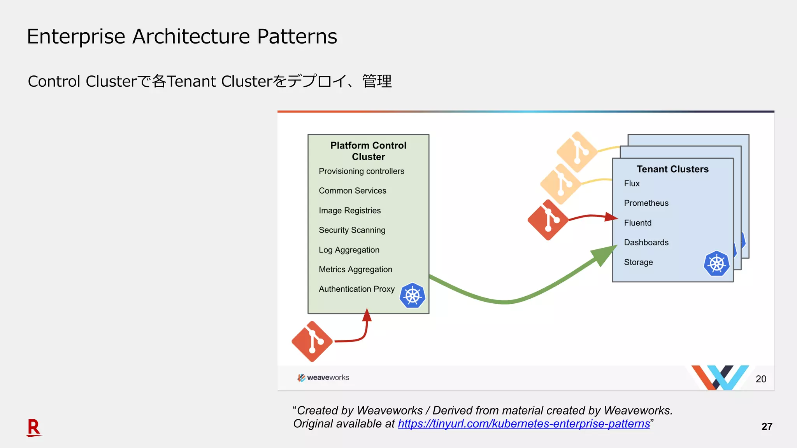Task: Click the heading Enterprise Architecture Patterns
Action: (182, 37)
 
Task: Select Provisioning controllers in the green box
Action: (361, 171)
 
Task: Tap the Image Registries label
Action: (349, 210)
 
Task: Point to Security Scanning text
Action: (352, 230)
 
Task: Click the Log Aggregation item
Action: (349, 250)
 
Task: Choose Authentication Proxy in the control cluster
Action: (356, 289)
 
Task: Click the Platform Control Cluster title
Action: (368, 151)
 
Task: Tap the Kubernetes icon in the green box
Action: (412, 296)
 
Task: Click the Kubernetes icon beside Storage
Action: (716, 264)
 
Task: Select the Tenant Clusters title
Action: (672, 169)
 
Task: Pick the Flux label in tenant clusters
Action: (632, 184)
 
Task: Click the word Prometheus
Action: (646, 203)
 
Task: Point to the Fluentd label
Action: (637, 223)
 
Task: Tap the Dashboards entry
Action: (646, 242)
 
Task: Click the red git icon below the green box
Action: (312, 341)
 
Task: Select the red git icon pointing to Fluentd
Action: (548, 220)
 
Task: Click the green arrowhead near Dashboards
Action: (604, 255)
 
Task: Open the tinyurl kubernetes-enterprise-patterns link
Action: (524, 423)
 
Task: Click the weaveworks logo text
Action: (328, 378)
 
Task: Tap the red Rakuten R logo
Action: (34, 427)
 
